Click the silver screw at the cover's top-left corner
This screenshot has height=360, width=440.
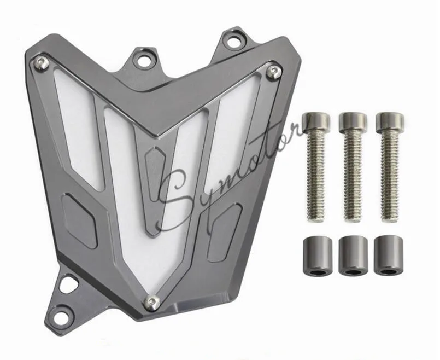pyautogui.click(x=40, y=63)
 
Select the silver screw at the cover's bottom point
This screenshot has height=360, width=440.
pyautogui.click(x=154, y=300)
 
